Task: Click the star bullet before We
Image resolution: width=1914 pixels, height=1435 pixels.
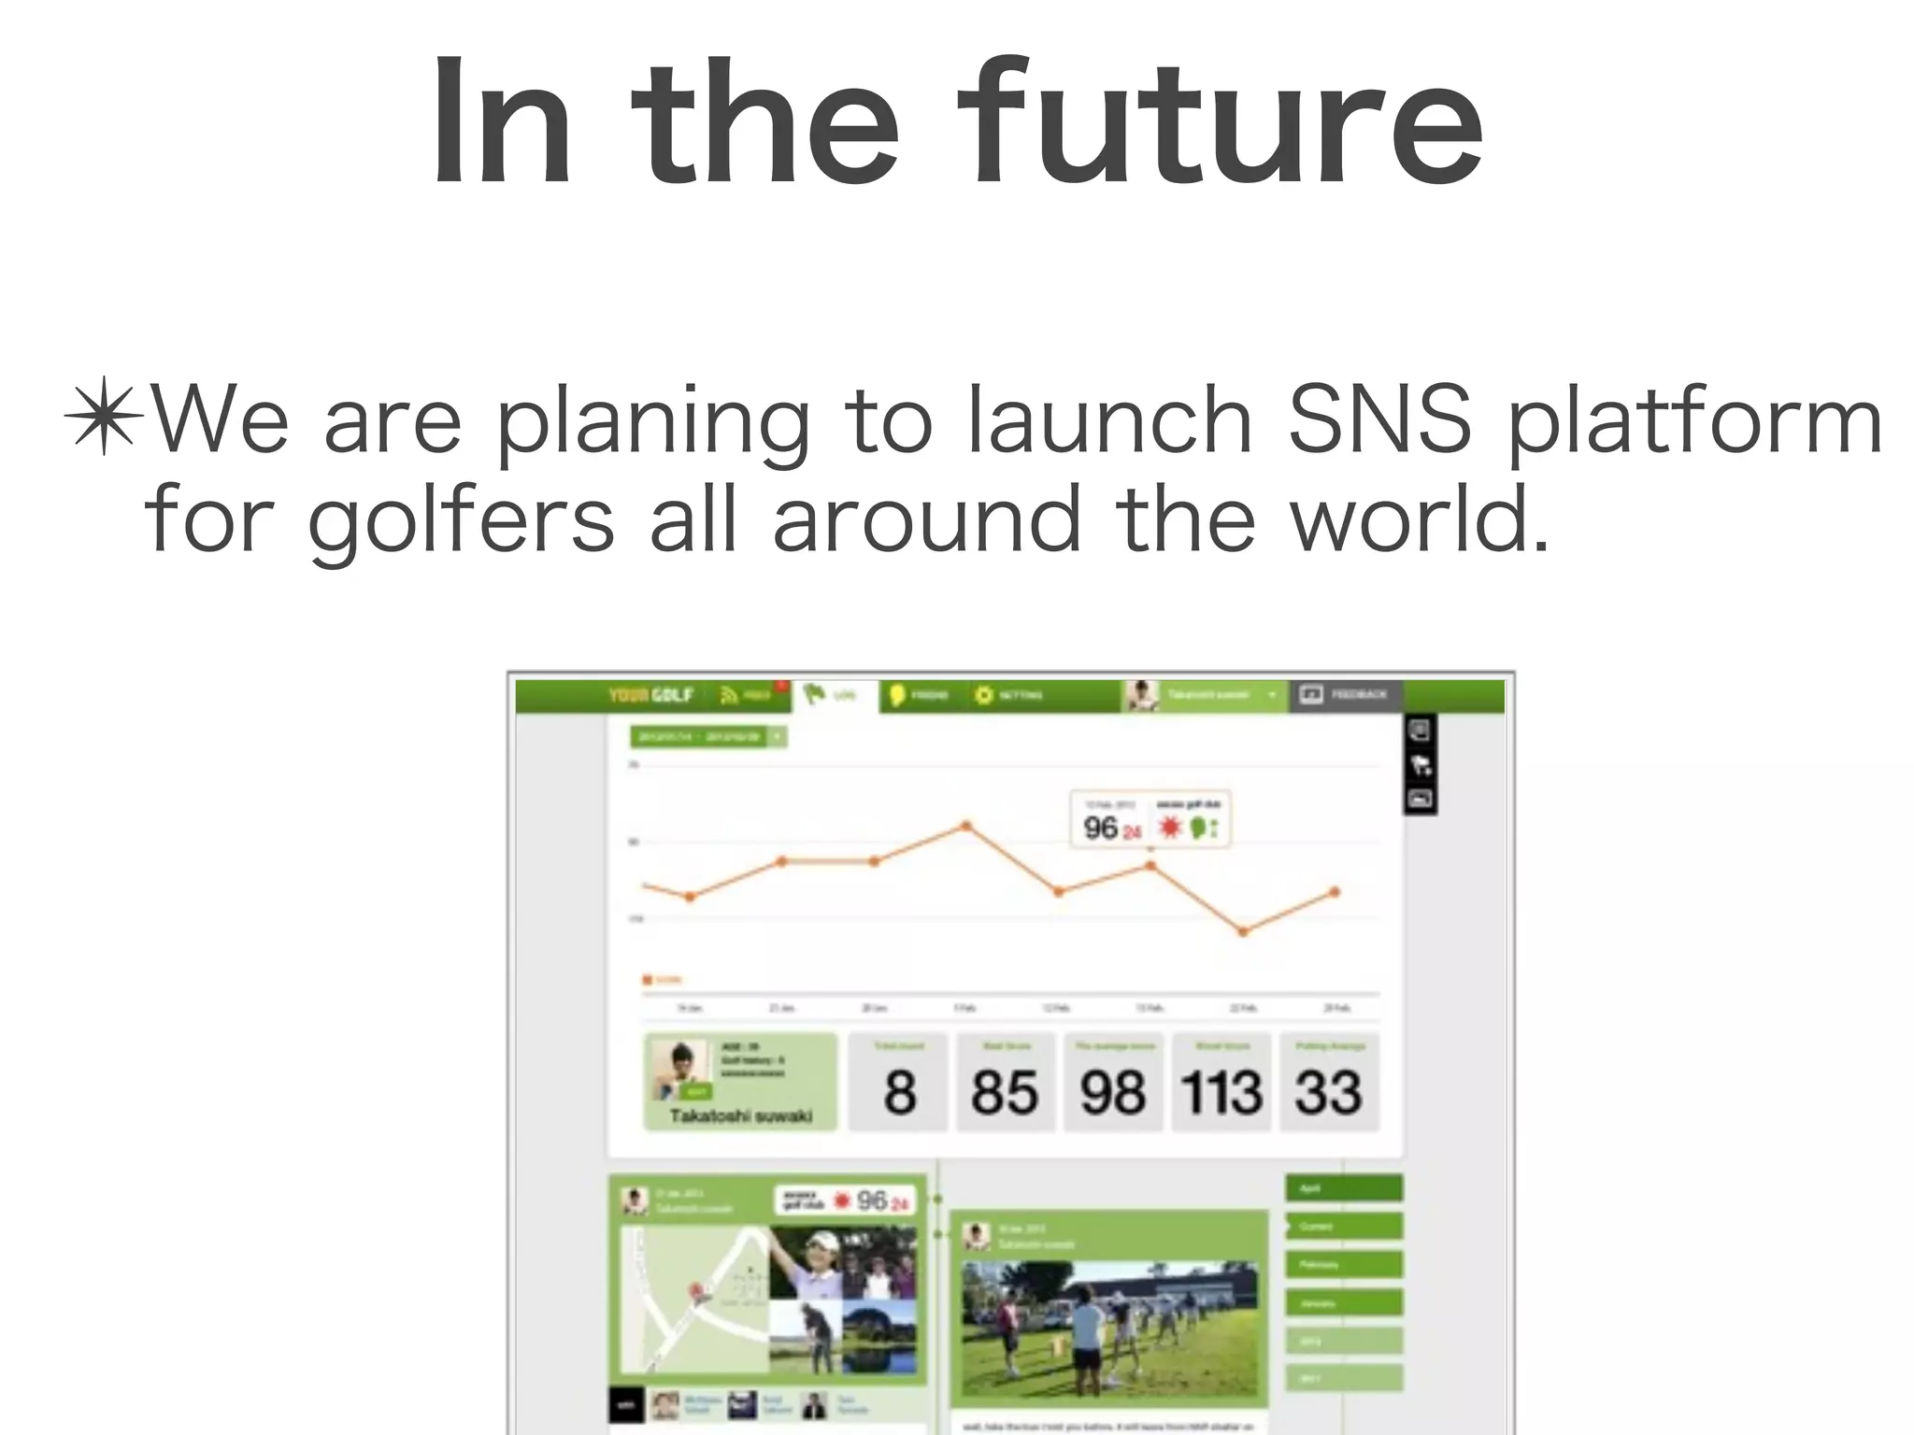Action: [x=104, y=417]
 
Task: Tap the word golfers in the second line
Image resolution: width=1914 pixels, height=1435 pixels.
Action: [x=461, y=519]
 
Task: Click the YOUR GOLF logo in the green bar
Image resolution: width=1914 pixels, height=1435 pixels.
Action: [x=650, y=695]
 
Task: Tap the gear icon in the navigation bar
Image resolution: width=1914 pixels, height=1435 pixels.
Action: [x=983, y=695]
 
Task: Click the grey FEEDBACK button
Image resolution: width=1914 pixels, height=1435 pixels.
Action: [x=1345, y=694]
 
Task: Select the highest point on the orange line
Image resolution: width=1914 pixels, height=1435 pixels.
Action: [x=966, y=826]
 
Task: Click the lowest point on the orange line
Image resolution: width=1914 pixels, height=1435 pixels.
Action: [x=1243, y=931]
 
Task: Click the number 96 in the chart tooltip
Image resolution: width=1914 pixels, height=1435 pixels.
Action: [x=1100, y=828]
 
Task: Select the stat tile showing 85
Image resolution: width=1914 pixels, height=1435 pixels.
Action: [x=1005, y=1083]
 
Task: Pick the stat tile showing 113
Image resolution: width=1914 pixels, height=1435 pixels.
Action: [x=1221, y=1083]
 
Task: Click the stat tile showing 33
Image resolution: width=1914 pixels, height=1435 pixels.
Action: [x=1328, y=1083]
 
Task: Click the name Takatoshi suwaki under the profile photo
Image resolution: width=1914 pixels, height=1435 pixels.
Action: [x=740, y=1115]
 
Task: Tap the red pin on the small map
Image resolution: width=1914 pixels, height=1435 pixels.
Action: [x=696, y=1292]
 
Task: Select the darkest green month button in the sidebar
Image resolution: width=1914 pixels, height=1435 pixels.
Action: [x=1344, y=1188]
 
